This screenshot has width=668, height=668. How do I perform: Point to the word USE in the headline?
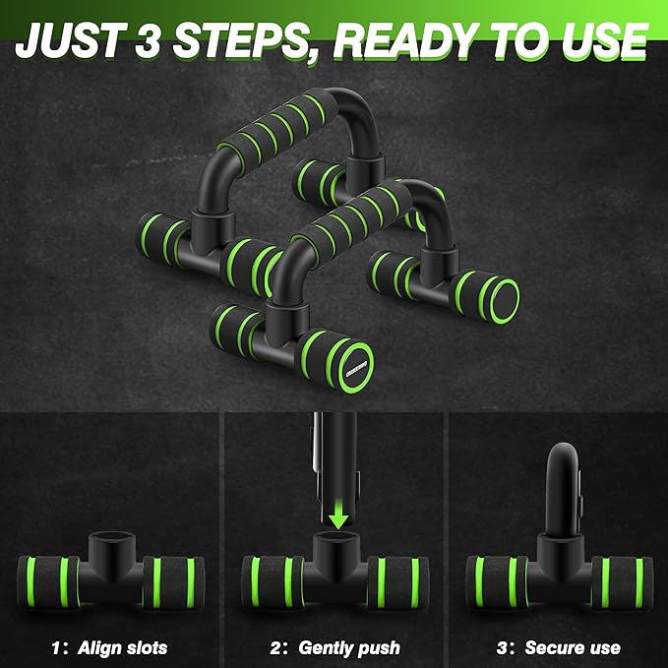[x=604, y=40]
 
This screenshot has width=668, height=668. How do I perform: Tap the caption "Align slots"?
[x=123, y=648]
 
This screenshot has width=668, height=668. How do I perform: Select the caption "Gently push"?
[x=349, y=648]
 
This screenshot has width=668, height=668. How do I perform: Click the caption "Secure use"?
[x=573, y=648]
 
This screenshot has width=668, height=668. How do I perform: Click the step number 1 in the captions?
[x=56, y=648]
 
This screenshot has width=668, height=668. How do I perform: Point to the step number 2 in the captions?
[x=276, y=648]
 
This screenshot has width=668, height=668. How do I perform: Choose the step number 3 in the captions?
[x=503, y=648]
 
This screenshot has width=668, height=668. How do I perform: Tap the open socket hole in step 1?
[x=112, y=537]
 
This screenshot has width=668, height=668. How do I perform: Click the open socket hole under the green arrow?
[x=336, y=537]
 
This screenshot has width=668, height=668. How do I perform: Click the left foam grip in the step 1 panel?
[x=48, y=582]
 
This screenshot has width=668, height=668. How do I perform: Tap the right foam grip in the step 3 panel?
[x=622, y=582]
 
